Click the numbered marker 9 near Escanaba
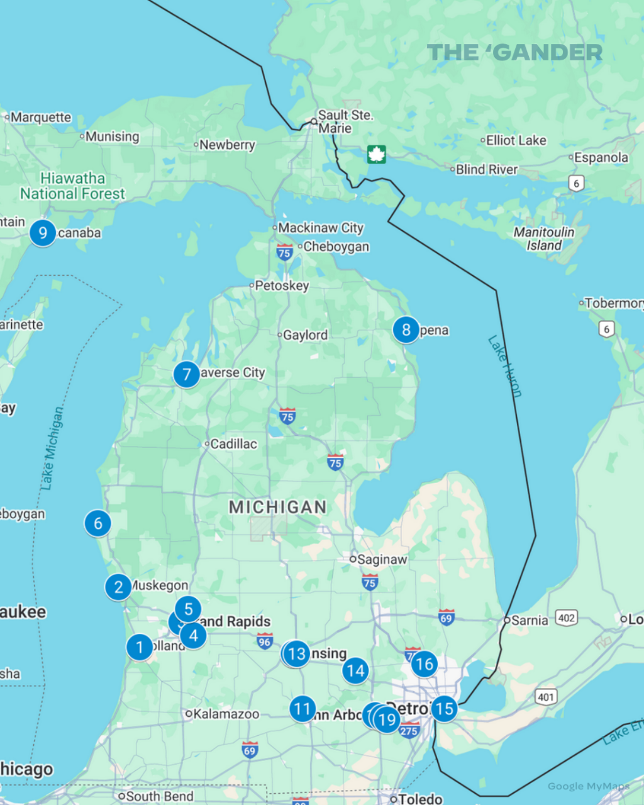(x=43, y=233)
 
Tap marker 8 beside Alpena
(x=406, y=330)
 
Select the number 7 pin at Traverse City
(x=186, y=375)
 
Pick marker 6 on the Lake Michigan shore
(x=98, y=523)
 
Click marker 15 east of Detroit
(x=444, y=709)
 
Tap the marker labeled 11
(x=303, y=709)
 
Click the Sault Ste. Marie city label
(x=345, y=121)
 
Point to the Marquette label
(x=41, y=118)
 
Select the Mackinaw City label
(x=320, y=228)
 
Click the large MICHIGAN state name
(x=277, y=507)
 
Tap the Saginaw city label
(x=382, y=559)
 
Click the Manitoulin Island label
(x=544, y=239)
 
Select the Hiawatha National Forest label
(x=72, y=186)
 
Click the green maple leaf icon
(x=376, y=154)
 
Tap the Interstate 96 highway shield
(x=265, y=641)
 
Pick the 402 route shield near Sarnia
(x=567, y=618)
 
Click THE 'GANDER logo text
(x=514, y=53)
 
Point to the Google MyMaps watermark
(x=588, y=786)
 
